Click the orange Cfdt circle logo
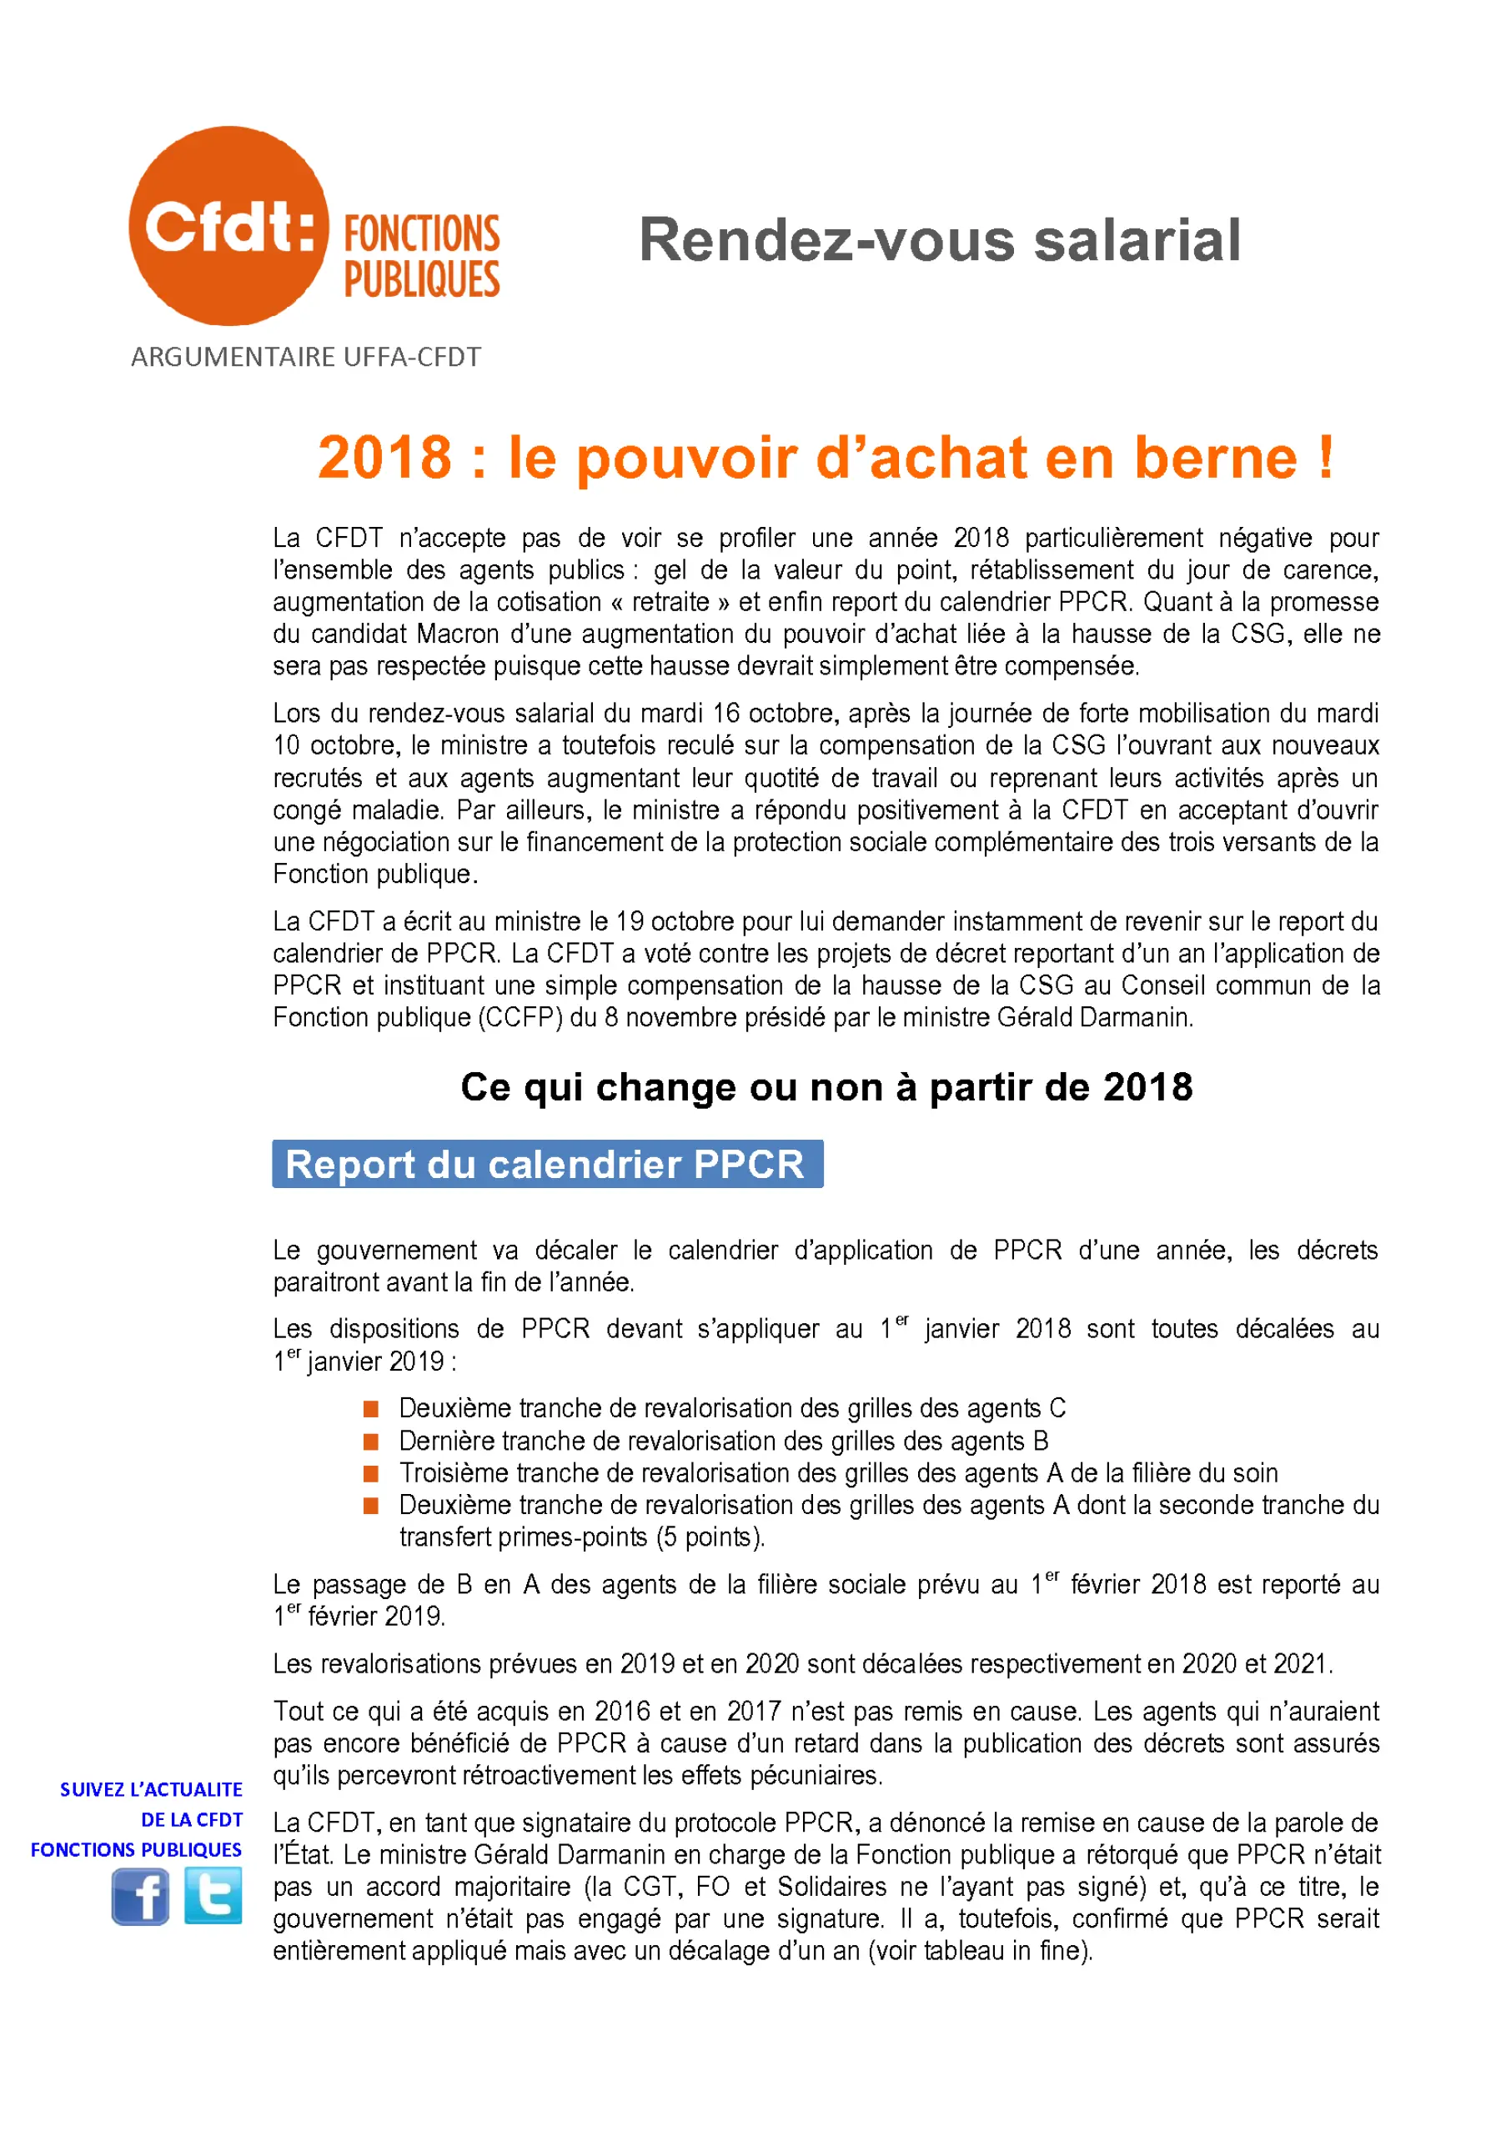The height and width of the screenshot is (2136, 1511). [228, 226]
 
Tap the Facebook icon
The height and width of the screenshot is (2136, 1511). [139, 1897]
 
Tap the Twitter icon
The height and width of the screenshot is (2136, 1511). [213, 1895]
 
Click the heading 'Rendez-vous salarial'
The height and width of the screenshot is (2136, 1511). [939, 240]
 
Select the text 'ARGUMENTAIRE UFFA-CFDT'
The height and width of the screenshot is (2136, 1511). [305, 357]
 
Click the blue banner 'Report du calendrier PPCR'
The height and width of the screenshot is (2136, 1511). [547, 1164]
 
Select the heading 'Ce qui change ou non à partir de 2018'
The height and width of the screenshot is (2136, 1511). [826, 1086]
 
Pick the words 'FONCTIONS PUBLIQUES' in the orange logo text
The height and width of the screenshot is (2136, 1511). [421, 256]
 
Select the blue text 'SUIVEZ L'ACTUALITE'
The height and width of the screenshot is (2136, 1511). [151, 1789]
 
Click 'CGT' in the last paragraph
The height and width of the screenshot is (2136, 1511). [650, 1887]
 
